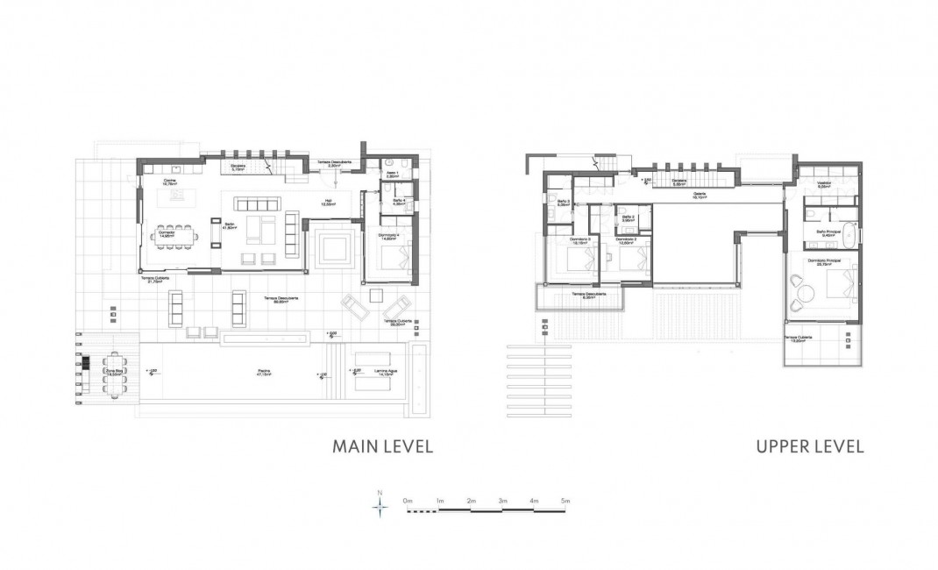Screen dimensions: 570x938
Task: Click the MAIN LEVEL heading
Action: click(382, 446)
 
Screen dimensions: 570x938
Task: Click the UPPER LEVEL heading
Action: click(809, 446)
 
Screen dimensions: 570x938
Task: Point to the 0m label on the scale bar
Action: click(408, 500)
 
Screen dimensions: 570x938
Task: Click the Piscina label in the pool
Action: click(262, 371)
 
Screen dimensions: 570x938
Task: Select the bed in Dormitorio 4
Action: click(397, 257)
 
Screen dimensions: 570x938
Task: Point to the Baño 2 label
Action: click(627, 217)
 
